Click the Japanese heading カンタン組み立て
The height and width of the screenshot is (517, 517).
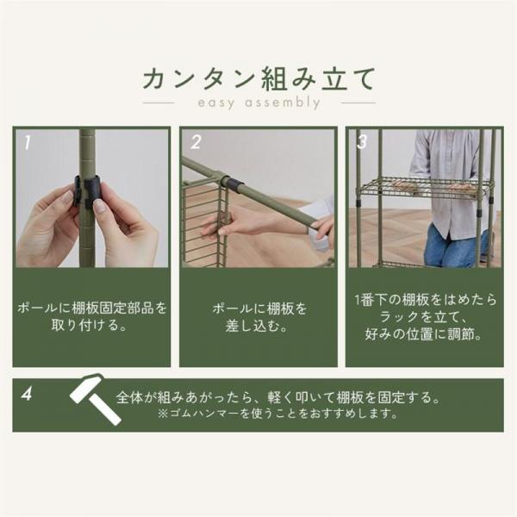click(258, 78)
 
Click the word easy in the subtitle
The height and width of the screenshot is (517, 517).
click(216, 103)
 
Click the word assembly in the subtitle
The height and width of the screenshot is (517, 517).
click(283, 103)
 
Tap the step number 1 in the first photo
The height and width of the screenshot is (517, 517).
click(28, 143)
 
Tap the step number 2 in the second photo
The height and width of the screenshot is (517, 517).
click(196, 142)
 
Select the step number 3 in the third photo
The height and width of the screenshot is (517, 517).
click(362, 142)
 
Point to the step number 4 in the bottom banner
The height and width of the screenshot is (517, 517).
click(27, 394)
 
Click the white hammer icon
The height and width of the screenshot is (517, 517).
click(95, 399)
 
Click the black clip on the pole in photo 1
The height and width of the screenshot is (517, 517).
click(87, 191)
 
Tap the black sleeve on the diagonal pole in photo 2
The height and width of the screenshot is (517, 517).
click(234, 184)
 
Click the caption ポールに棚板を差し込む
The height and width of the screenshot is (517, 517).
click(259, 317)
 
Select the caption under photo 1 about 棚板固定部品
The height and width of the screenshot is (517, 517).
click(91, 316)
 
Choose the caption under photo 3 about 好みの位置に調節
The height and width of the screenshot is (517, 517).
click(425, 317)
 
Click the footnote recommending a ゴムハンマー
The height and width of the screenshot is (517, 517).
click(277, 414)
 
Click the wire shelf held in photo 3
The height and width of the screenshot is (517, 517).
click(424, 189)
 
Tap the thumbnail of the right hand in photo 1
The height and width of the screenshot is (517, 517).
click(100, 207)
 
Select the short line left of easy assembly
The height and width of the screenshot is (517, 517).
click(159, 103)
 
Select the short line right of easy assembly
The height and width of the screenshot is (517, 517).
click(358, 103)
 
